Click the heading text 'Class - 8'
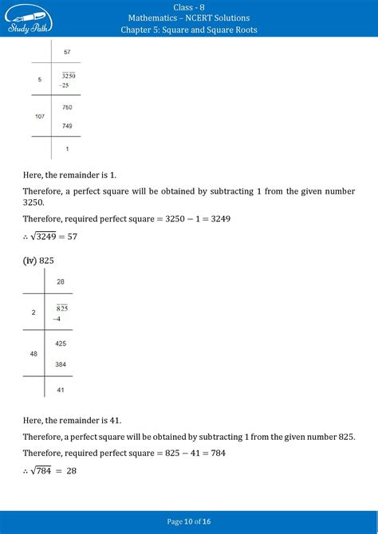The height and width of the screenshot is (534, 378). click(189, 6)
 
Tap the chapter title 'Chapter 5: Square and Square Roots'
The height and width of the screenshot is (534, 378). click(189, 30)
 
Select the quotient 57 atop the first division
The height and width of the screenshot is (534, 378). click(67, 52)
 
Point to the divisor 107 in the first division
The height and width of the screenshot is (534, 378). click(39, 116)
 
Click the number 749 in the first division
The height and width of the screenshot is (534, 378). click(67, 126)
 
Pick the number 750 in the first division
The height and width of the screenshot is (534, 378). click(67, 107)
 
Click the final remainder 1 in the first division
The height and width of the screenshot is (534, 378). click(67, 149)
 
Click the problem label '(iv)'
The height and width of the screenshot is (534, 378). click(30, 260)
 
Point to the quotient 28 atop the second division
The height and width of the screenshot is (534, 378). click(61, 282)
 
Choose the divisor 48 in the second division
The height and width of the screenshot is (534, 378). click(33, 353)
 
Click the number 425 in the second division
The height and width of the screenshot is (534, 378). click(61, 344)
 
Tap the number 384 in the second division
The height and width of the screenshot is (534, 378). click(61, 363)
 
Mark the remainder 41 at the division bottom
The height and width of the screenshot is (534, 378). click(61, 389)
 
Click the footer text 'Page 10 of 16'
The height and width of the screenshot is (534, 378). click(189, 522)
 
